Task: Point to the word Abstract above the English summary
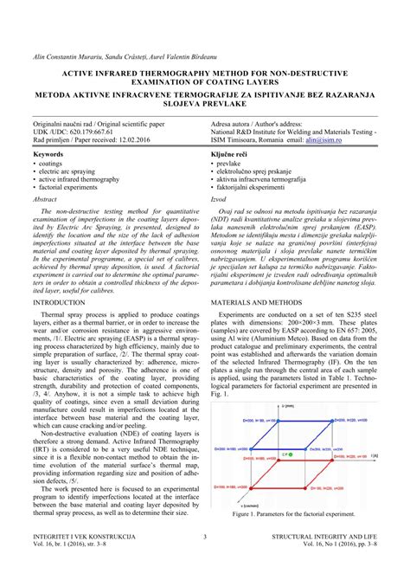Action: point(45,198)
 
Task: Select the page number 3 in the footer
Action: point(205,561)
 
